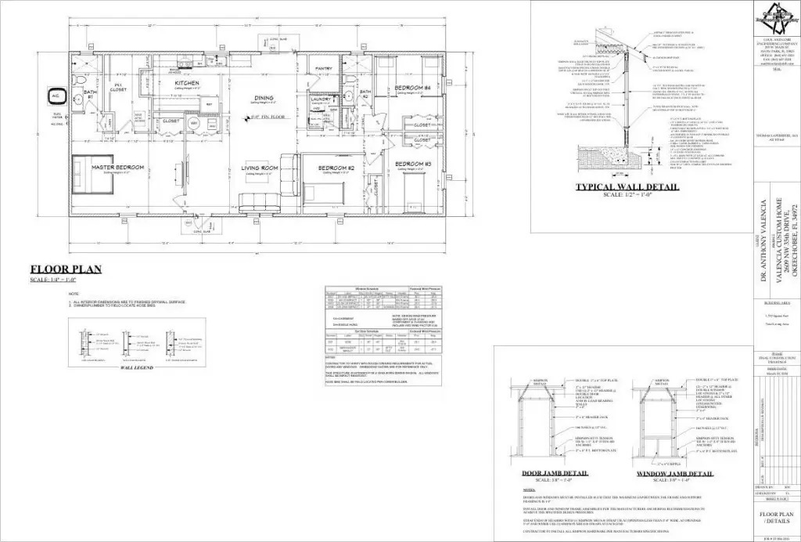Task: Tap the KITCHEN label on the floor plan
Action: point(187,83)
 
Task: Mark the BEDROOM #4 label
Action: point(408,86)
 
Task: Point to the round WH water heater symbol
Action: point(195,124)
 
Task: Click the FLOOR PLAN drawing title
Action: point(66,269)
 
